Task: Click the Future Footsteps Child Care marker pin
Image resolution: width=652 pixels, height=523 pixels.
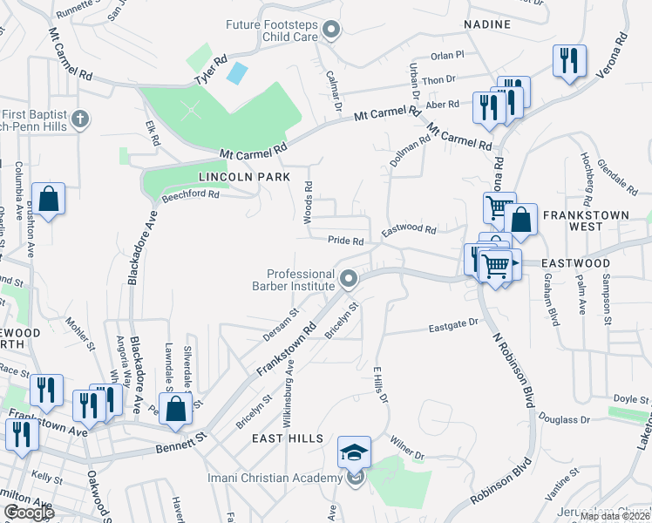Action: (x=331, y=31)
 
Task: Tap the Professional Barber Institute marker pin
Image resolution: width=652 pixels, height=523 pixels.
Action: (x=349, y=280)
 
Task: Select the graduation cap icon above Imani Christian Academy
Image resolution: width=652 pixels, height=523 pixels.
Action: (x=355, y=452)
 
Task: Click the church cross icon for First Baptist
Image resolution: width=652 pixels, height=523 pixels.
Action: (x=79, y=119)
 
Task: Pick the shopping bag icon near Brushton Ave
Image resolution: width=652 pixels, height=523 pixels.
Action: (x=50, y=199)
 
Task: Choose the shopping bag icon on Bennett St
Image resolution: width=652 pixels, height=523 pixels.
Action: (x=175, y=408)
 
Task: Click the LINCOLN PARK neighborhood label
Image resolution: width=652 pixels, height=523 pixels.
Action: (x=232, y=176)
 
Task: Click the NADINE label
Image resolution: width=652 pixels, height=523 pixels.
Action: (x=487, y=24)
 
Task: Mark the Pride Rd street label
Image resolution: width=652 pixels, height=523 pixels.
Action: (x=345, y=241)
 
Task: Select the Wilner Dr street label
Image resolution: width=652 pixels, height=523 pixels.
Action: (x=406, y=448)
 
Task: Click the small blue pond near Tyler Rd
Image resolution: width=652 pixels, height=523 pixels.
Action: (x=236, y=73)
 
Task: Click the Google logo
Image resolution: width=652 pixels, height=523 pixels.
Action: (x=29, y=513)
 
